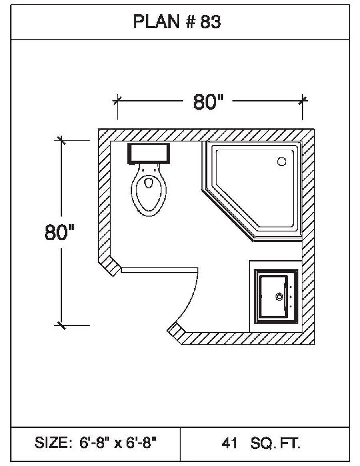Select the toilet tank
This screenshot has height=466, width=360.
149,153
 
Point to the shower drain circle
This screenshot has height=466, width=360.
282,161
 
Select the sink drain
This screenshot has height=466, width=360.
279,297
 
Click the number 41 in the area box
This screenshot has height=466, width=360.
229,443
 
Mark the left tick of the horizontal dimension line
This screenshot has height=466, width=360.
117,100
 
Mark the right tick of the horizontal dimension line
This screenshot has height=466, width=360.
303,100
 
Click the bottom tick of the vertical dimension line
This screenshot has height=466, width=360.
61,325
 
